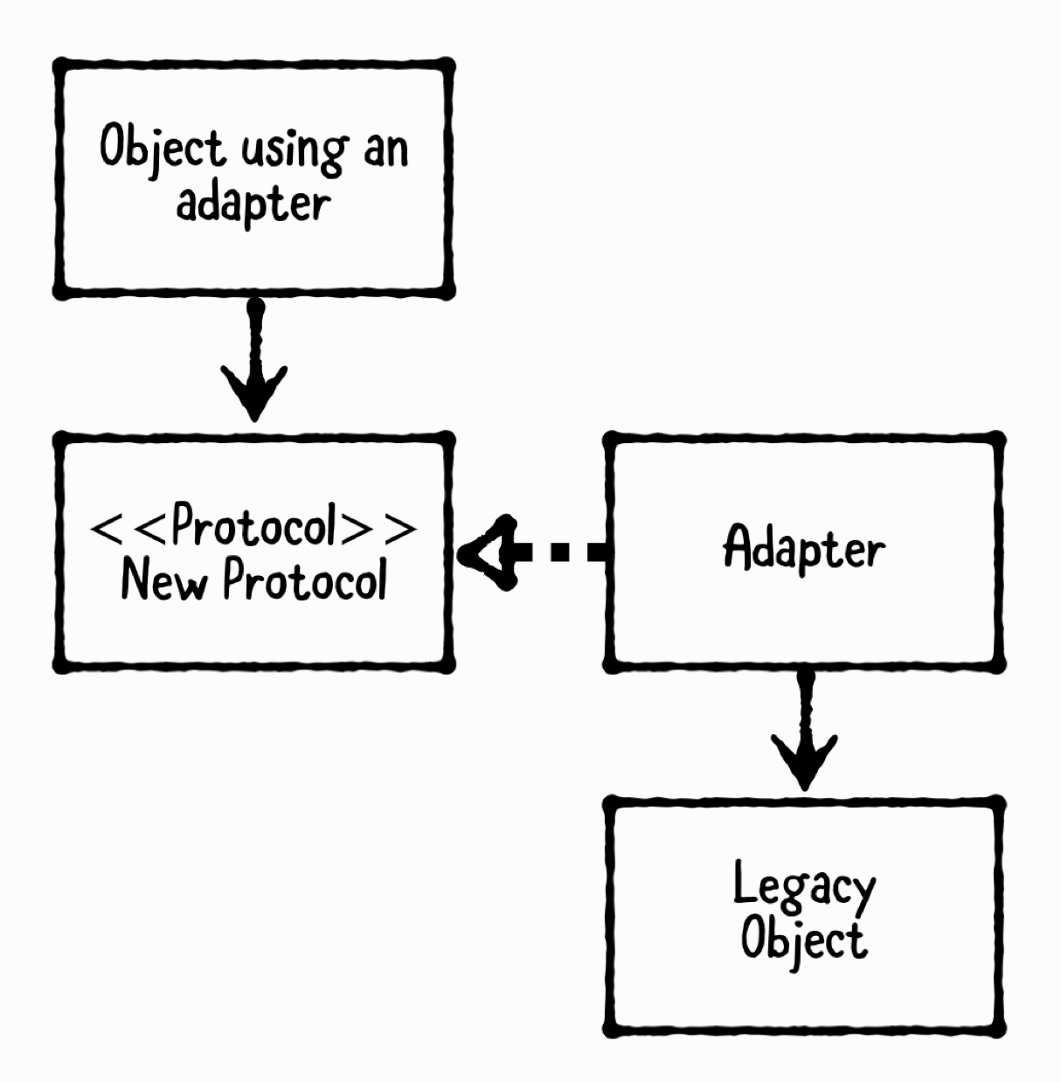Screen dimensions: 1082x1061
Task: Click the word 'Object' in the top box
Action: point(161,148)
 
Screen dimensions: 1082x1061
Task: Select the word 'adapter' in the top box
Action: point(253,204)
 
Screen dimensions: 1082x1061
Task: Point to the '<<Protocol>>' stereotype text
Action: point(253,526)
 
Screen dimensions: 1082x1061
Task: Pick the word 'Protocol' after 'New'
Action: point(304,579)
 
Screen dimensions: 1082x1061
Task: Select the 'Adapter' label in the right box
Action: point(803,548)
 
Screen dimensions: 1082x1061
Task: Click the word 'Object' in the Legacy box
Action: point(803,940)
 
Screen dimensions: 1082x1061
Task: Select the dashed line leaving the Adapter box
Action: point(564,552)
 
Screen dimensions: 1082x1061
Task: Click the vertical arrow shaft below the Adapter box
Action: point(805,704)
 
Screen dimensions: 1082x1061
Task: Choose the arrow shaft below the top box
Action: point(254,336)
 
